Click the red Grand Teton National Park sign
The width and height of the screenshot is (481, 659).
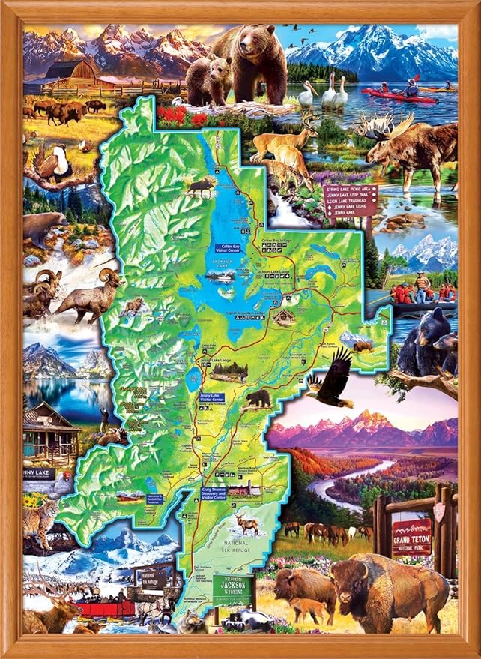point(412,536)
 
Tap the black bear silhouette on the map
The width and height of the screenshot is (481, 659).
point(259,398)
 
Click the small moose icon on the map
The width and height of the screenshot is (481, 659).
point(201,187)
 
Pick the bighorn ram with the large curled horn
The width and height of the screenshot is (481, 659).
point(94,292)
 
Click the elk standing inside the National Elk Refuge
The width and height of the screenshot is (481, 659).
point(247,523)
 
